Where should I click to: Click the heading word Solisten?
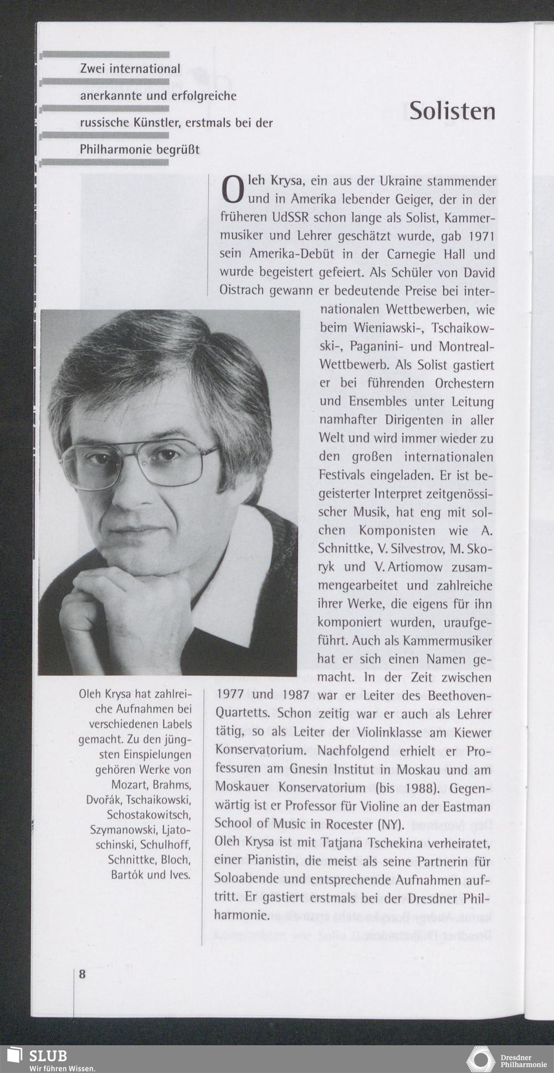(x=452, y=111)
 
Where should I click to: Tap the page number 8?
(x=82, y=974)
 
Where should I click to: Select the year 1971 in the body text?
(x=481, y=237)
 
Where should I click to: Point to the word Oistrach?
(x=242, y=290)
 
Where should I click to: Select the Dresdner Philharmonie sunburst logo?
(x=480, y=1060)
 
